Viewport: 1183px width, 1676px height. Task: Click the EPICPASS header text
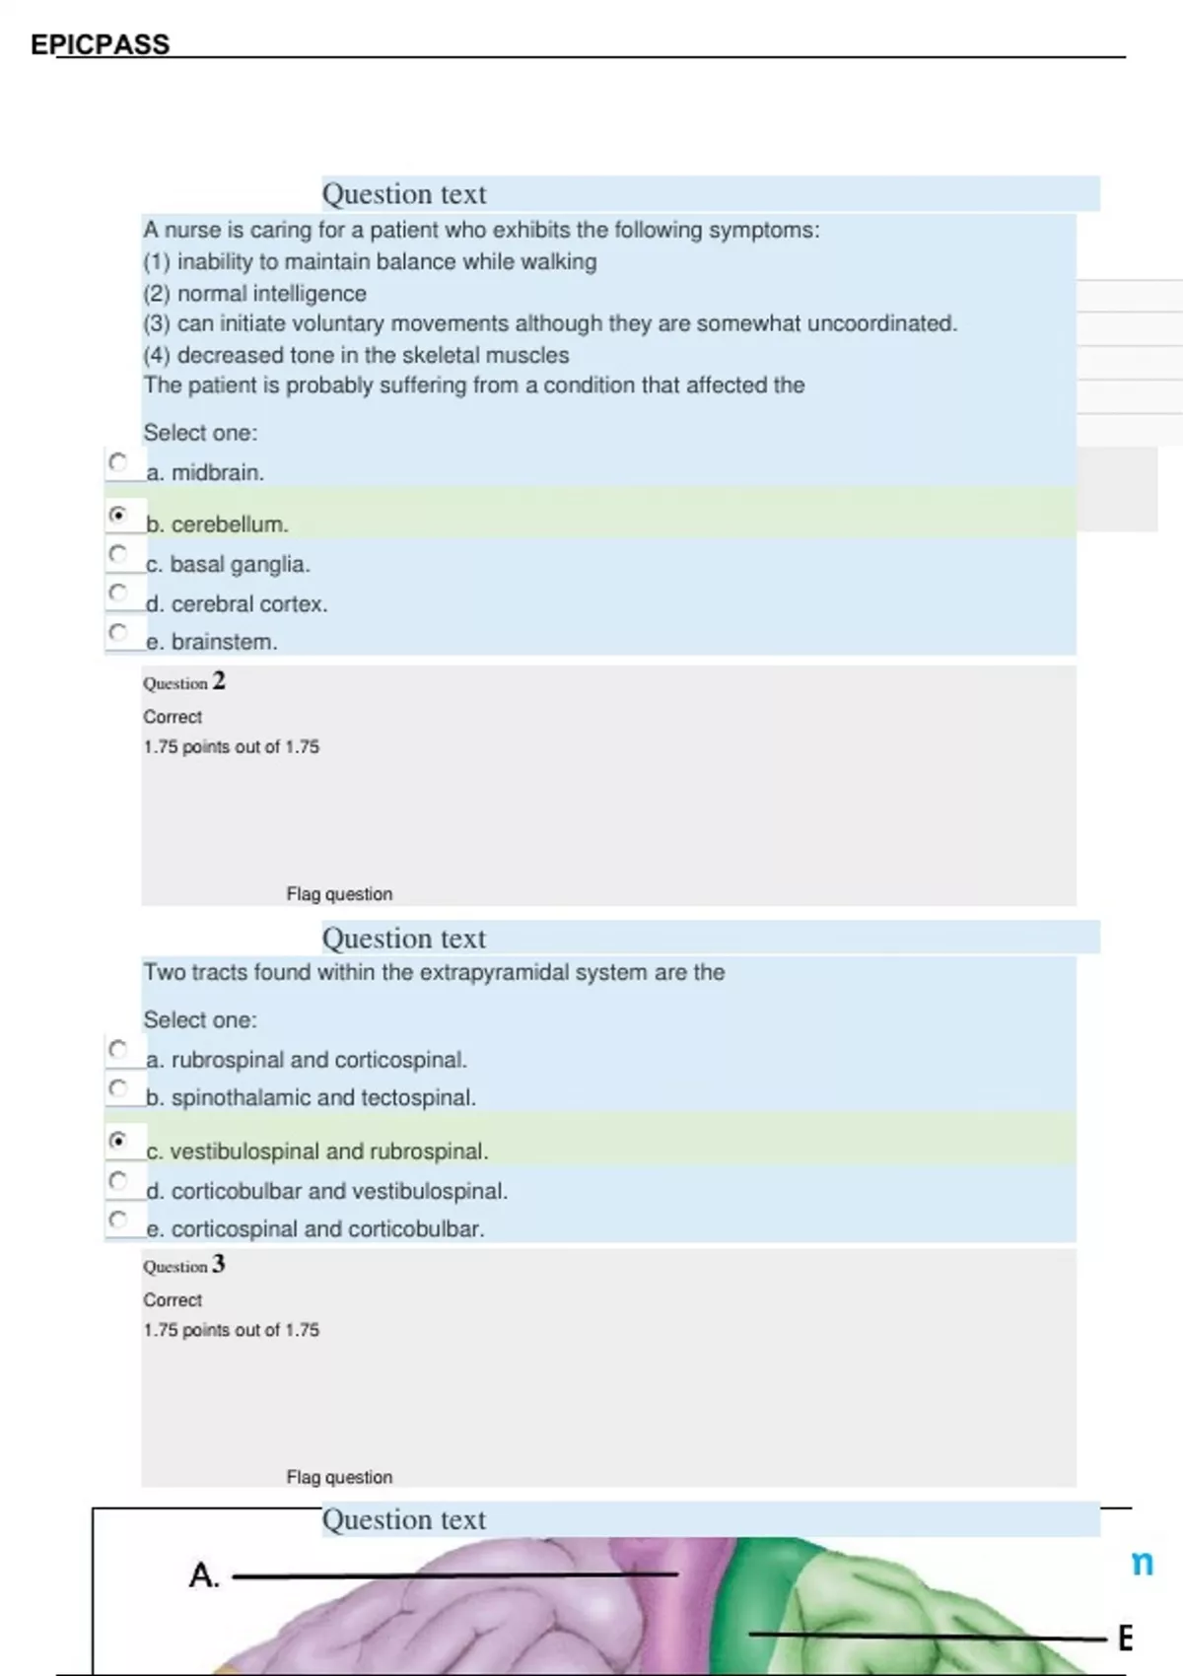(100, 44)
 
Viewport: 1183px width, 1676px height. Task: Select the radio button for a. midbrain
(118, 461)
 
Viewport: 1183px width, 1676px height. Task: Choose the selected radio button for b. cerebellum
(118, 514)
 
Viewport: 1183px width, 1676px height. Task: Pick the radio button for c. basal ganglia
(118, 553)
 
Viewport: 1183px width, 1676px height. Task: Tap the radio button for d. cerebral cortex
(118, 593)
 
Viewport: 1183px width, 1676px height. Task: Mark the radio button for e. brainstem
(118, 631)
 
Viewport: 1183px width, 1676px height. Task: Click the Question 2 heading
(184, 682)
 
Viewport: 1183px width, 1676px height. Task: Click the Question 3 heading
(184, 1265)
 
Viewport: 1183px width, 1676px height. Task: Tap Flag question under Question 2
(339, 894)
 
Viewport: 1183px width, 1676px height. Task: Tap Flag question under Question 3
(339, 1477)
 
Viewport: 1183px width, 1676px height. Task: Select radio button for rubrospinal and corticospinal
(118, 1049)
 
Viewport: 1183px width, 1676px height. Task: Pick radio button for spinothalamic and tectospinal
(118, 1087)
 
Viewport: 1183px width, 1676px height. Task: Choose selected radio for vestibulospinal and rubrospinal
(118, 1141)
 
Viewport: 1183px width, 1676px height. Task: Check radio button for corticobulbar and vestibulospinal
(118, 1180)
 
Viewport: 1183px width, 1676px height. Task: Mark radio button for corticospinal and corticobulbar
(118, 1219)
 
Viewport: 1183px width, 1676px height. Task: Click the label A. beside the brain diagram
(203, 1575)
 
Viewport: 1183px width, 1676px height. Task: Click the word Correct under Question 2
(173, 717)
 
